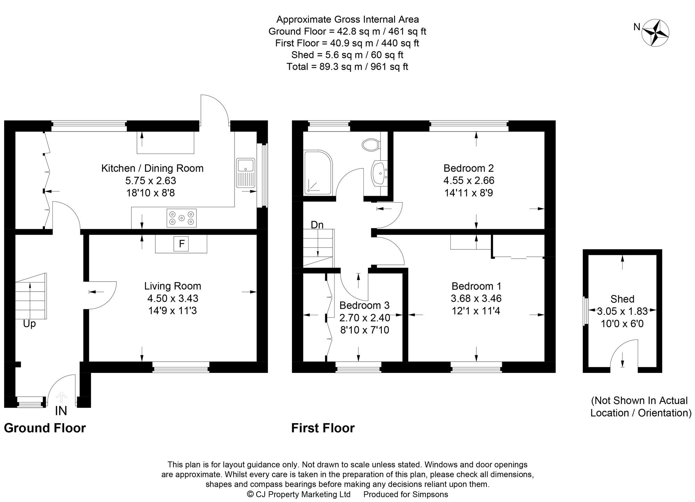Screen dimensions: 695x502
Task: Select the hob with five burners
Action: coord(181,218)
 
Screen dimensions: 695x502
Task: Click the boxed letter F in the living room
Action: coord(181,244)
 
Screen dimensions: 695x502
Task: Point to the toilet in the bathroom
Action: coord(371,144)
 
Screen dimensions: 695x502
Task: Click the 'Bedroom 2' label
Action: coord(468,168)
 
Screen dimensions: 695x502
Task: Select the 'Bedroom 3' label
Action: coord(364,305)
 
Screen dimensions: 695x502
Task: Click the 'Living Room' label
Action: coord(173,286)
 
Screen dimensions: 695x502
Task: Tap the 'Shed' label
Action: coord(622,299)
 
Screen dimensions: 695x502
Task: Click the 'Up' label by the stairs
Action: coord(30,324)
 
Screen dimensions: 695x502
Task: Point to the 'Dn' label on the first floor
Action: coord(317,225)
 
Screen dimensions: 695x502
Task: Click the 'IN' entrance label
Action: coord(61,411)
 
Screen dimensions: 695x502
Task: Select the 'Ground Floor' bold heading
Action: coord(45,428)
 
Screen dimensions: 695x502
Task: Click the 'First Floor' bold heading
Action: coord(323,428)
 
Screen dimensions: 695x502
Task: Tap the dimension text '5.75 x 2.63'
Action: coord(151,181)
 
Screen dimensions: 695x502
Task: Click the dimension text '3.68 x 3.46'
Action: coord(476,298)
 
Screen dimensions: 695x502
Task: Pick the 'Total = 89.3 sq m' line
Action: coord(347,67)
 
